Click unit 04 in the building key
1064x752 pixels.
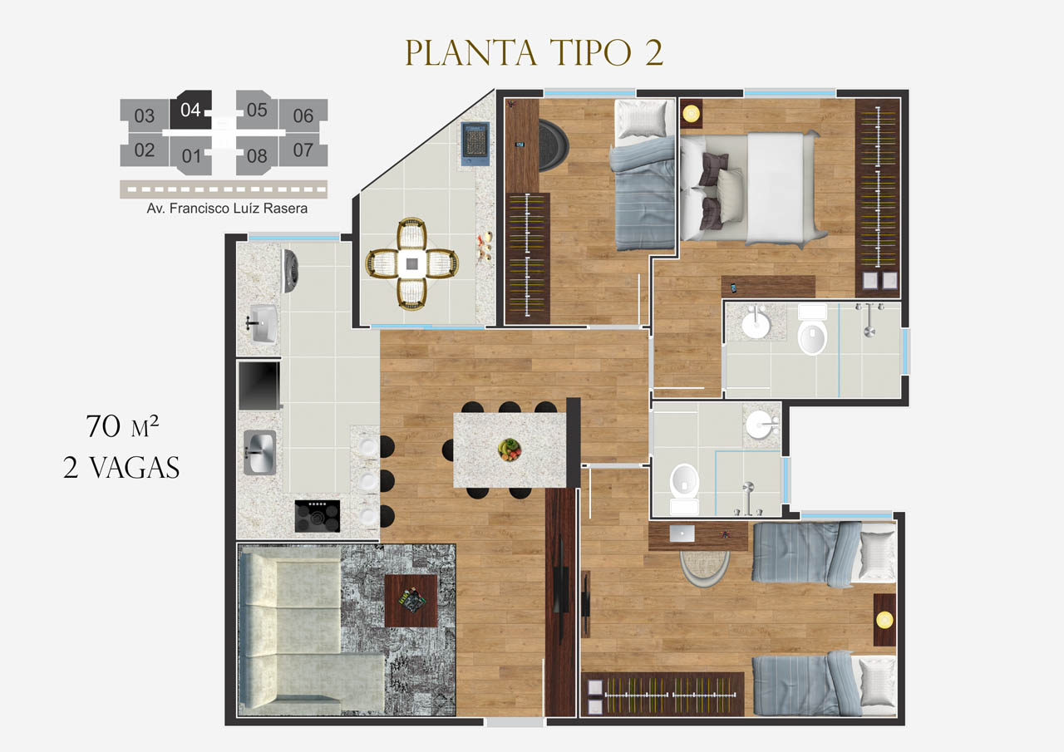[x=190, y=110]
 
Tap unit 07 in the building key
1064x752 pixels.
[x=303, y=150]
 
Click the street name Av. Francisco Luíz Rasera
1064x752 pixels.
[x=227, y=209]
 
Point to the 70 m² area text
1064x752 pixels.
[x=122, y=425]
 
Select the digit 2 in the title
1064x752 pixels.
[x=654, y=52]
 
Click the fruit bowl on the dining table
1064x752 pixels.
[x=510, y=449]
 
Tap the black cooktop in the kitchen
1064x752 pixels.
[x=318, y=515]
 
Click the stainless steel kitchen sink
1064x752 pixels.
[x=260, y=452]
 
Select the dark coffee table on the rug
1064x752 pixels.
[x=411, y=601]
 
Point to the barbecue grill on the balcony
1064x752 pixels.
[x=475, y=144]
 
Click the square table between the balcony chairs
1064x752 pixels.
[x=411, y=264]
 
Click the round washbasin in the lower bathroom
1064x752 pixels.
[x=761, y=424]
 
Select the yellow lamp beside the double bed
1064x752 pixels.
[x=691, y=114]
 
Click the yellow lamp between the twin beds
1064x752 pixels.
[x=884, y=620]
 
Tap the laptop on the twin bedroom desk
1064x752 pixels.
[x=682, y=533]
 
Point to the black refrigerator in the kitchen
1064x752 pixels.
[x=259, y=386]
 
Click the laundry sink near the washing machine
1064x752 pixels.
[x=263, y=323]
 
